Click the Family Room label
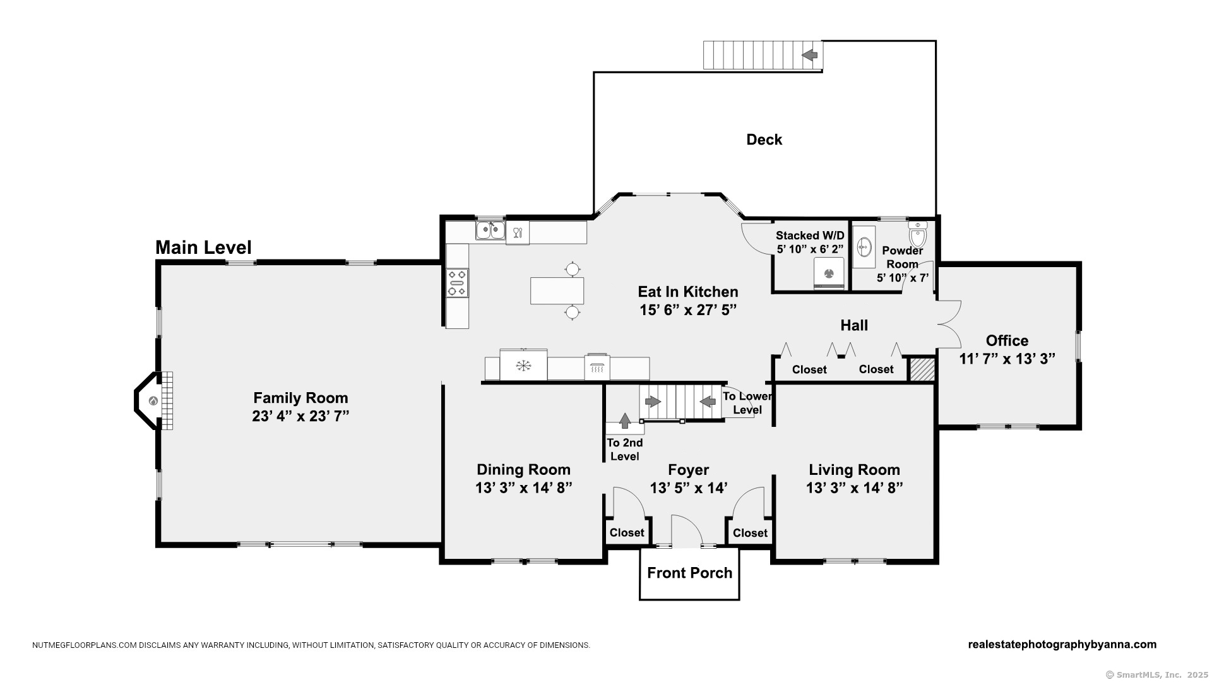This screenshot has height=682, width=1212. click(300, 398)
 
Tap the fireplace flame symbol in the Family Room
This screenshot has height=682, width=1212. click(153, 401)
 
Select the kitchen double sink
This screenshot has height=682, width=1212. click(490, 230)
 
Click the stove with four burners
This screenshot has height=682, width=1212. click(457, 282)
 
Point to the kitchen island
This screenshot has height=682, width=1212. click(557, 290)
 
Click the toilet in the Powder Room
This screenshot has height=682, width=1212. click(918, 234)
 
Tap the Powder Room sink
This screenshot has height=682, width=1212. click(864, 247)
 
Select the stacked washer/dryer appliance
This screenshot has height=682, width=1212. click(829, 273)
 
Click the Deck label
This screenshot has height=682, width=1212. click(764, 140)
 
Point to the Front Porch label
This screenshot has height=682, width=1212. click(690, 573)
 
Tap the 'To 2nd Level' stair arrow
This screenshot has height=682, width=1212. click(625, 421)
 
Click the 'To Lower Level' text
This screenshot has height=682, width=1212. click(747, 403)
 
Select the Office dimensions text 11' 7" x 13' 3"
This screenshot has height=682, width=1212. click(1007, 359)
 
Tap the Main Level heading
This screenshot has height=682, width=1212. click(203, 248)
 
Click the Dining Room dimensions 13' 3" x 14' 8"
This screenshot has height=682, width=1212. click(524, 488)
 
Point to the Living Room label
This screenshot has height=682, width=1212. click(855, 470)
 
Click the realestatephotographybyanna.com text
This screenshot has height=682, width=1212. click(1062, 645)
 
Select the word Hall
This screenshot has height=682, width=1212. click(854, 325)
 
